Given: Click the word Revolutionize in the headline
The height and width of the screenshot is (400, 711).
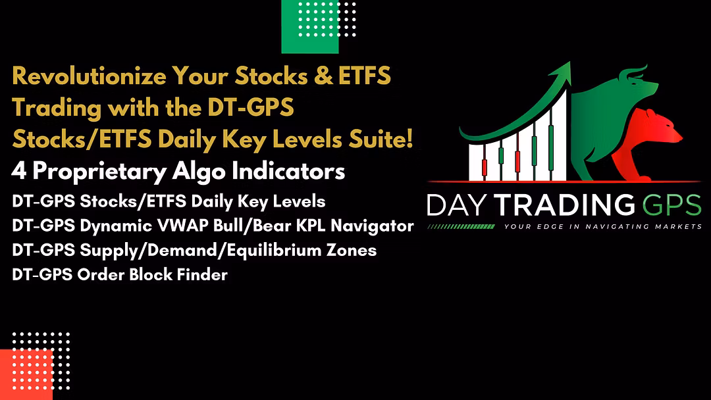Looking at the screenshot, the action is [x=89, y=76].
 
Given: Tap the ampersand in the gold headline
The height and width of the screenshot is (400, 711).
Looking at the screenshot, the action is [x=323, y=76].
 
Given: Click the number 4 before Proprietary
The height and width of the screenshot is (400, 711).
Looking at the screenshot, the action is [x=18, y=171].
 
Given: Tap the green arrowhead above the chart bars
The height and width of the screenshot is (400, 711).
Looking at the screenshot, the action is [x=561, y=73].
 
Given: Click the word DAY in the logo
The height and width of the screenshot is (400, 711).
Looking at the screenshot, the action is [x=456, y=205].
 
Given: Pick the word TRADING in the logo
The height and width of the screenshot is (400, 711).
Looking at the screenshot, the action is [x=565, y=205].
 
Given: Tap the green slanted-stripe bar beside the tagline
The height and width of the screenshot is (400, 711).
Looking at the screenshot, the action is [x=461, y=226].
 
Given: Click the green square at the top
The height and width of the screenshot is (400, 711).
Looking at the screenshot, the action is [x=310, y=27].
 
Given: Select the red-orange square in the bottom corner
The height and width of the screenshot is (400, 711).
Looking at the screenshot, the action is [x=26, y=374].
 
